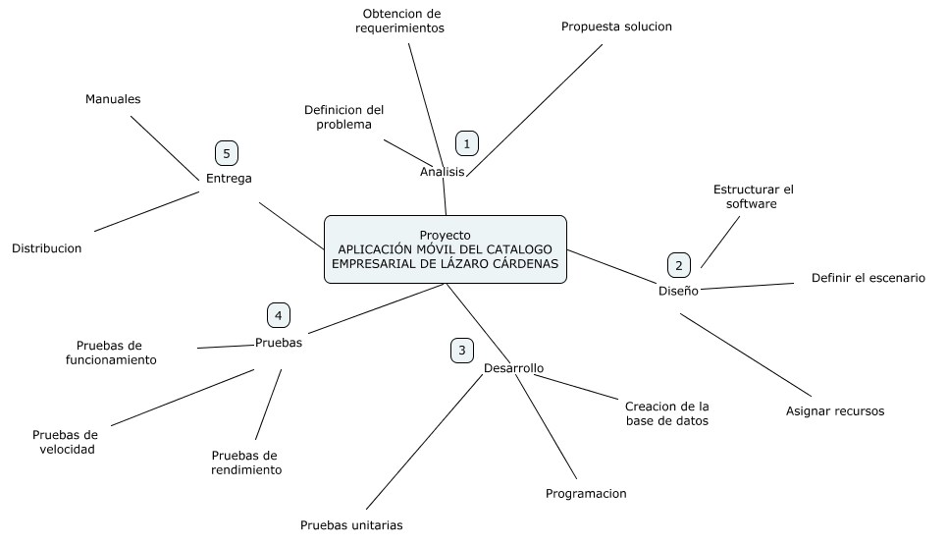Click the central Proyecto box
[445, 249]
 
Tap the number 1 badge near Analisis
[467, 143]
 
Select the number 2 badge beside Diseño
[678, 265]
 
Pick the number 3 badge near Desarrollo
[462, 350]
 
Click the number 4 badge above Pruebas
[279, 315]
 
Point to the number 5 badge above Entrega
[227, 153]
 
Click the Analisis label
[442, 172]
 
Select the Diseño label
[678, 291]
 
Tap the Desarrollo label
[513, 368]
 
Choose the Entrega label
[229, 179]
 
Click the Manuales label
[113, 99]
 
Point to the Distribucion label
[47, 248]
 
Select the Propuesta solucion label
[616, 27]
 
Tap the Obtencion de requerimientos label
[400, 22]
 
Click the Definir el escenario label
[868, 278]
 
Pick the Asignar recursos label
[835, 411]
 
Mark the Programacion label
[586, 494]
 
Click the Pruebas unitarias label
[351, 524]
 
